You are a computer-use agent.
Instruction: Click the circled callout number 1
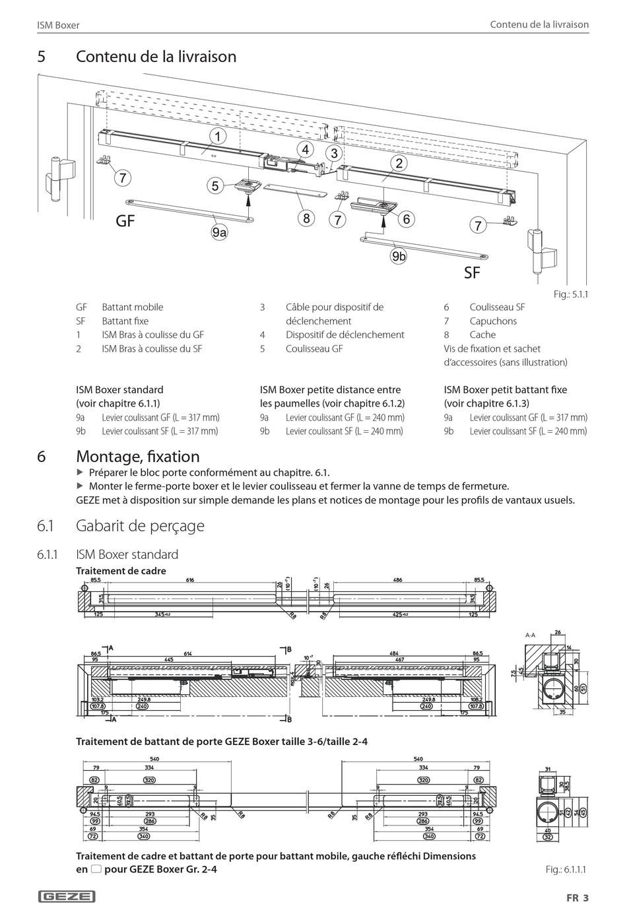pyautogui.click(x=216, y=137)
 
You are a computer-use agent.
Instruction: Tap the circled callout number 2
pyautogui.click(x=399, y=163)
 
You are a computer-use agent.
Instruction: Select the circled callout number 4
pyautogui.click(x=306, y=150)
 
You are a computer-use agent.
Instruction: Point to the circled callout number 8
pyautogui.click(x=306, y=218)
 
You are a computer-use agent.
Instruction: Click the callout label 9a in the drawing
pyautogui.click(x=219, y=232)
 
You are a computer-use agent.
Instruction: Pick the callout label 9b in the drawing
pyautogui.click(x=399, y=256)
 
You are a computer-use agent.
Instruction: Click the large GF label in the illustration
pyautogui.click(x=125, y=222)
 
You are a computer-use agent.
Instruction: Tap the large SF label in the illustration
pyautogui.click(x=472, y=273)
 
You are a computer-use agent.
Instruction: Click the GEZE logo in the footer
pyautogui.click(x=67, y=896)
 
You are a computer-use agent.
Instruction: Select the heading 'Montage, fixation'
pyautogui.click(x=137, y=457)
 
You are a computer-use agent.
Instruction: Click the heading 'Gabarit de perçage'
pyautogui.click(x=140, y=526)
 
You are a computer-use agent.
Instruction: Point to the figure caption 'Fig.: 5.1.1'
pyautogui.click(x=570, y=294)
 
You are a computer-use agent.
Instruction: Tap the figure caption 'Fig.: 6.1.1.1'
pyautogui.click(x=566, y=869)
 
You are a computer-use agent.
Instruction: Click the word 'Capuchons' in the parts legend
pyautogui.click(x=493, y=321)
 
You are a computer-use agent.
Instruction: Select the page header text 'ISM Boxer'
pyautogui.click(x=58, y=25)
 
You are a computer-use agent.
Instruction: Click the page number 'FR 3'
pyautogui.click(x=576, y=897)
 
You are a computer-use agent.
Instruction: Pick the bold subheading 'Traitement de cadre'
pyautogui.click(x=121, y=571)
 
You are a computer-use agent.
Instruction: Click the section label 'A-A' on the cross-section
pyautogui.click(x=530, y=635)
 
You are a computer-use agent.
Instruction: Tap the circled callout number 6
pyautogui.click(x=406, y=218)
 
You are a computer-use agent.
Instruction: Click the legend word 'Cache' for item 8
pyautogui.click(x=482, y=335)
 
